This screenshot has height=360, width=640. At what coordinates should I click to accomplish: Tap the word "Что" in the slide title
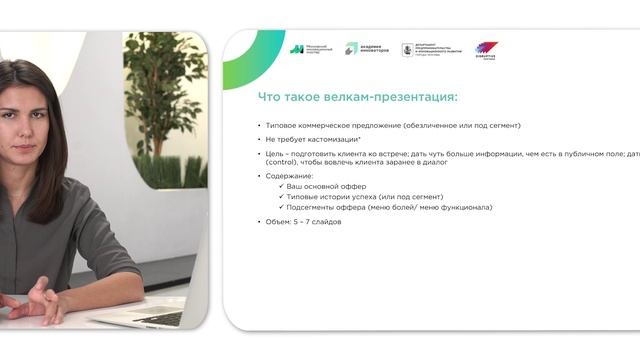[x=269, y=97]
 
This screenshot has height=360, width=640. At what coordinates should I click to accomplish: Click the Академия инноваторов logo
[x=366, y=48]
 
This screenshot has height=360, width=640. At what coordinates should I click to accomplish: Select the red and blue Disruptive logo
[x=486, y=50]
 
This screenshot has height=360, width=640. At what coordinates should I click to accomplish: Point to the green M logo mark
[x=297, y=48]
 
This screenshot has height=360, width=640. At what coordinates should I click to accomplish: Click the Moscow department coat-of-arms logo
[x=407, y=48]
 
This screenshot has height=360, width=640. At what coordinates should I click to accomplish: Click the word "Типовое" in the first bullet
[x=282, y=125]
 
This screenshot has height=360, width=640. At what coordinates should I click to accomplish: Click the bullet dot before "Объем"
[x=258, y=221]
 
